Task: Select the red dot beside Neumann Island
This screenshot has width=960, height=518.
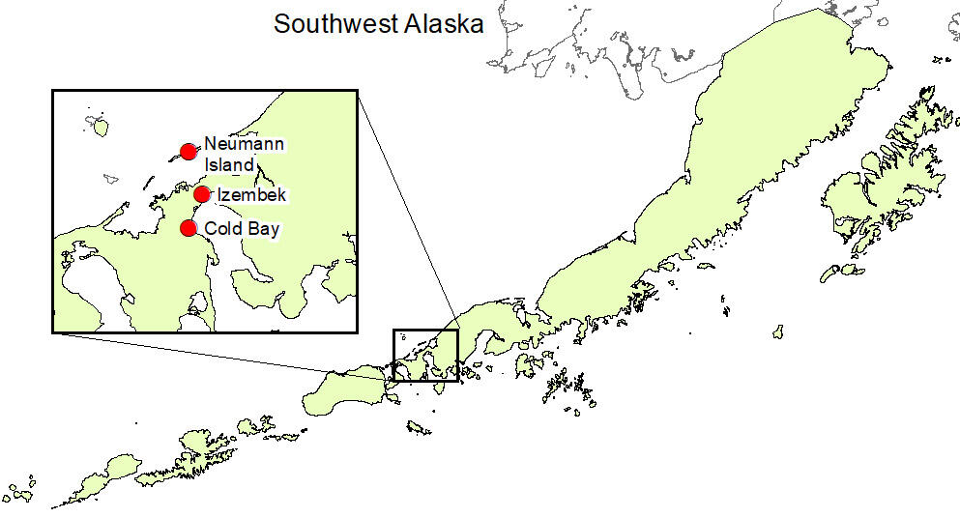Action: point(189,152)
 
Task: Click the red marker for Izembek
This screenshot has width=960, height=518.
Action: point(201,194)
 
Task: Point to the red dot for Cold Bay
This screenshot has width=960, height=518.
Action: point(189,228)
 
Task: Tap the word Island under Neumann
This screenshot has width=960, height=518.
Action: point(228,165)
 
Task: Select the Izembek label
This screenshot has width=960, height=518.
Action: point(252,195)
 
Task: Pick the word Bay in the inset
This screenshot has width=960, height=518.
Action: point(263,230)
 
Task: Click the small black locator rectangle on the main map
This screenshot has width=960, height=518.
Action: point(424,355)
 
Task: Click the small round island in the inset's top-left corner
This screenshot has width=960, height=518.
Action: point(98,125)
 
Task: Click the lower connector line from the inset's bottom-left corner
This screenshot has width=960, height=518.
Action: point(222,352)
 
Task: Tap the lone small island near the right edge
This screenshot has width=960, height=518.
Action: point(777,331)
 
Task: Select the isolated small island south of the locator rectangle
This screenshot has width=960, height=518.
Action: point(418,426)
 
